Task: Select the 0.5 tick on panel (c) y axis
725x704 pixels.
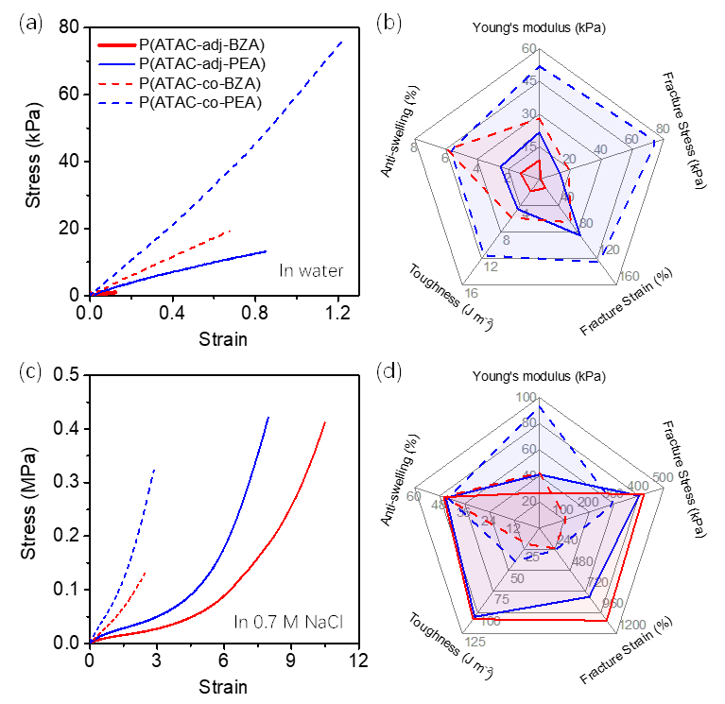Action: [68, 376]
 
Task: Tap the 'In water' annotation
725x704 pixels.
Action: [311, 271]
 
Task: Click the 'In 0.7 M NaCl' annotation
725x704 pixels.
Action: [291, 620]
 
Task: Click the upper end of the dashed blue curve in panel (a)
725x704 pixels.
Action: [342, 42]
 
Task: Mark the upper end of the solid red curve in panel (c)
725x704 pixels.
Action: [324, 422]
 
